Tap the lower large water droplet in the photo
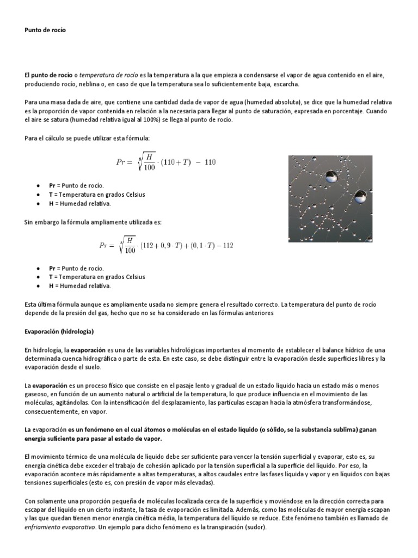tap(359, 196)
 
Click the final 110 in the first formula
tap(211, 161)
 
